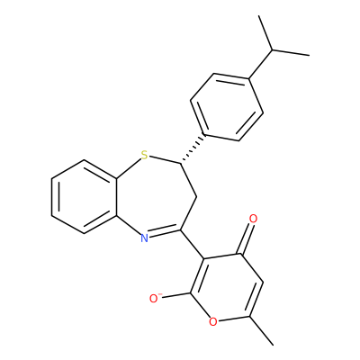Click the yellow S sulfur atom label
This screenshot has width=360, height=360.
[x=145, y=155]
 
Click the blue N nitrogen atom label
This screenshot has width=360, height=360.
[x=145, y=238]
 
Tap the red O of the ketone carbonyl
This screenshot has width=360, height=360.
[x=254, y=219]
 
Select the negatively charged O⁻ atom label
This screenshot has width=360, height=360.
[x=155, y=298]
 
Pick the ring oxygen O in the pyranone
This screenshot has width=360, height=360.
[x=212, y=321]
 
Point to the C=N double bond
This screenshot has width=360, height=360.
[x=165, y=233]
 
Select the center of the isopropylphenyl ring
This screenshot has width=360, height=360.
[x=227, y=107]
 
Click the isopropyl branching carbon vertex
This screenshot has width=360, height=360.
[x=273, y=49]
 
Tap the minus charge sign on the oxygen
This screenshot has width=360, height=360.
[x=160, y=294]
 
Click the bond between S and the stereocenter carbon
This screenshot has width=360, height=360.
[x=165, y=160]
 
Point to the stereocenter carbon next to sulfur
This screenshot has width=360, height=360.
[x=181, y=163]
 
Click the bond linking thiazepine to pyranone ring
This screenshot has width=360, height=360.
[x=192, y=245]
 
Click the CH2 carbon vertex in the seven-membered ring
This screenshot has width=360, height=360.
[x=196, y=197]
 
